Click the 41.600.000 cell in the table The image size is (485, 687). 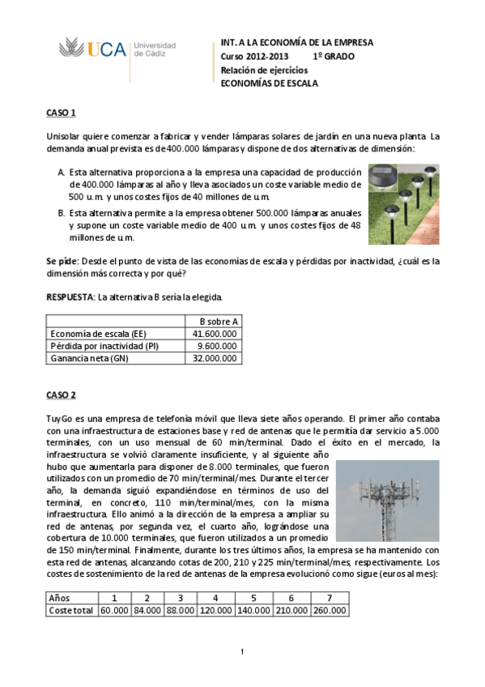pyautogui.click(x=215, y=333)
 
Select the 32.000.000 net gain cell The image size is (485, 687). pyautogui.click(x=215, y=357)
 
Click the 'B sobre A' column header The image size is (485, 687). pyautogui.click(x=213, y=321)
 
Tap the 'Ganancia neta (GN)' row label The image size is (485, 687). pyautogui.click(x=89, y=357)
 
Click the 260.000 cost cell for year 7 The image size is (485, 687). pyautogui.click(x=327, y=610)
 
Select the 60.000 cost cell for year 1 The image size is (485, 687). pyautogui.click(x=114, y=610)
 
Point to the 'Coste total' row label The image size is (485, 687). pyautogui.click(x=71, y=610)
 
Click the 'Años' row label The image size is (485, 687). pyautogui.click(x=61, y=598)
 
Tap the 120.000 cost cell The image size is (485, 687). pyautogui.click(x=213, y=610)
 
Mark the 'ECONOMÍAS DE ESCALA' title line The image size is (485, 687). pyautogui.click(x=270, y=83)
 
